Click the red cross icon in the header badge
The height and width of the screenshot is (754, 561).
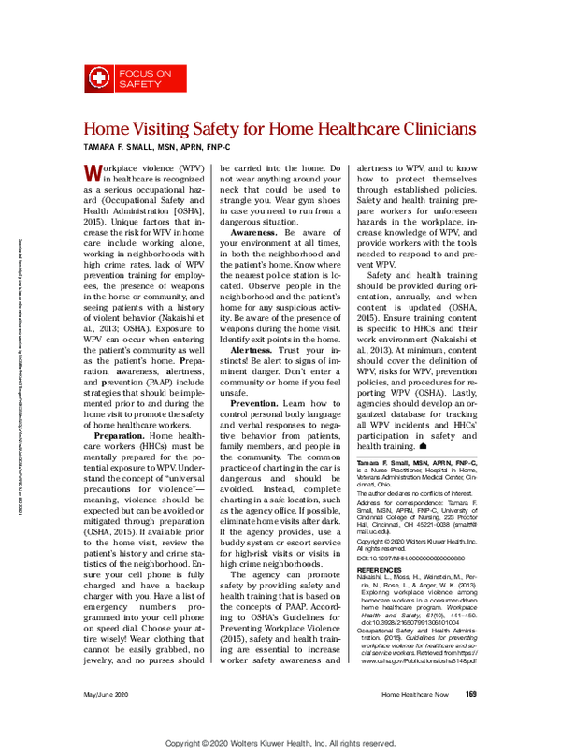click(x=97, y=78)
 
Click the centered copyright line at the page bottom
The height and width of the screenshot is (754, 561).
click(x=281, y=744)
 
